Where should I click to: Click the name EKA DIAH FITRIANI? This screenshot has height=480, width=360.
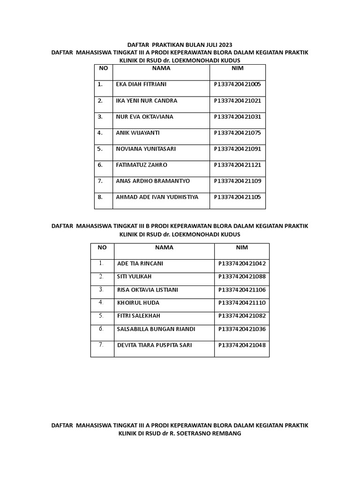(x=141, y=84)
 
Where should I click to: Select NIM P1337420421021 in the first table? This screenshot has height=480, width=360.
(x=237, y=101)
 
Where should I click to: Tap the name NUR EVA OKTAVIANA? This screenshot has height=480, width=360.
(x=144, y=117)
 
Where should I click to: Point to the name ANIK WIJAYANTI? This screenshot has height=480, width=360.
(x=138, y=133)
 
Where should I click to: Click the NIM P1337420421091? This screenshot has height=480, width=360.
(x=237, y=149)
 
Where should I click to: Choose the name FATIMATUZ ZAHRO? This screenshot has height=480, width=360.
(x=141, y=165)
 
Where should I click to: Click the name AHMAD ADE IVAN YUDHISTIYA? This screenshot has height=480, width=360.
(x=157, y=197)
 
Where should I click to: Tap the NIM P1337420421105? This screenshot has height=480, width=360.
(x=237, y=197)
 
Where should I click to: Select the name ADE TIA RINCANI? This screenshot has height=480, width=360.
(x=140, y=263)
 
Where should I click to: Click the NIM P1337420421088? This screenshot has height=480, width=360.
(x=242, y=277)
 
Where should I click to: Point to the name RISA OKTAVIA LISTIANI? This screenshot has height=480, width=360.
(x=148, y=290)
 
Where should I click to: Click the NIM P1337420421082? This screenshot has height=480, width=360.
(x=242, y=316)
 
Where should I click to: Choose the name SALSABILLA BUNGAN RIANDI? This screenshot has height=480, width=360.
(x=156, y=329)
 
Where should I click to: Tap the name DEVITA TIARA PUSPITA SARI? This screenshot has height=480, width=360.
(x=154, y=345)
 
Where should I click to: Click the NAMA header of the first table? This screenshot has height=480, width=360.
(x=161, y=68)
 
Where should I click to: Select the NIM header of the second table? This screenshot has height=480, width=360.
(x=242, y=247)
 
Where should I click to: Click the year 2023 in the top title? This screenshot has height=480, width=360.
(x=225, y=45)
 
